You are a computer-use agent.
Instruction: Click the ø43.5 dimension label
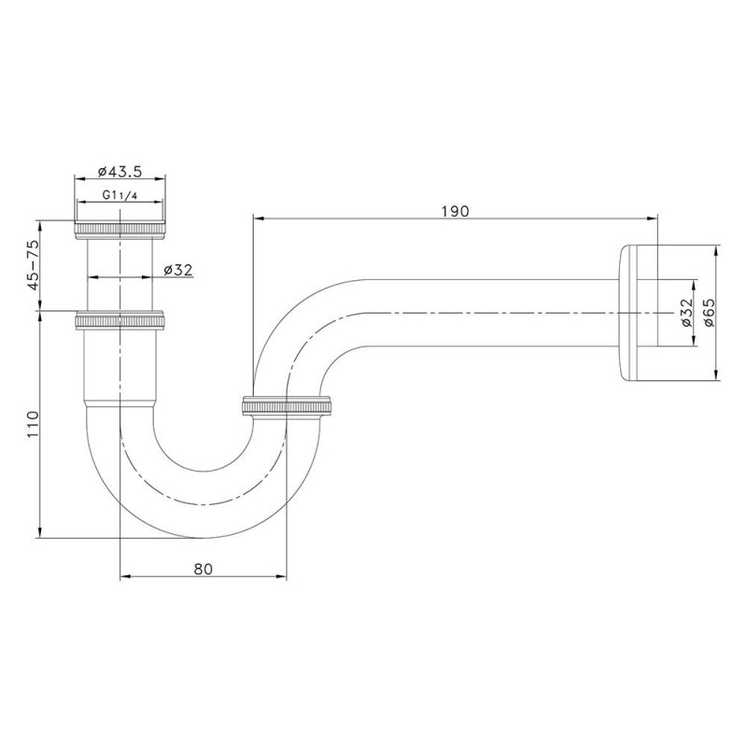pyautogui.click(x=120, y=171)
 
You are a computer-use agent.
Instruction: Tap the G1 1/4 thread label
pyautogui.click(x=120, y=195)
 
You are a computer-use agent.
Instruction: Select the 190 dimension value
pyautogui.click(x=455, y=211)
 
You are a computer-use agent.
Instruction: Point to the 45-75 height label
pyautogui.click(x=34, y=265)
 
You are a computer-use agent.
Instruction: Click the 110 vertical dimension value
pyautogui.click(x=33, y=424)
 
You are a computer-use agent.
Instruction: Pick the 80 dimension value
pyautogui.click(x=204, y=569)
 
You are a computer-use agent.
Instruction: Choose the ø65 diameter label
pyautogui.click(x=709, y=313)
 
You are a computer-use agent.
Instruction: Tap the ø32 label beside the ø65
pyautogui.click(x=686, y=313)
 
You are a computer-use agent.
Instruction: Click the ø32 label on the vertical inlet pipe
pyautogui.click(x=177, y=270)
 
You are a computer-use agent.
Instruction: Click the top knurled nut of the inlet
pyautogui.click(x=120, y=230)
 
